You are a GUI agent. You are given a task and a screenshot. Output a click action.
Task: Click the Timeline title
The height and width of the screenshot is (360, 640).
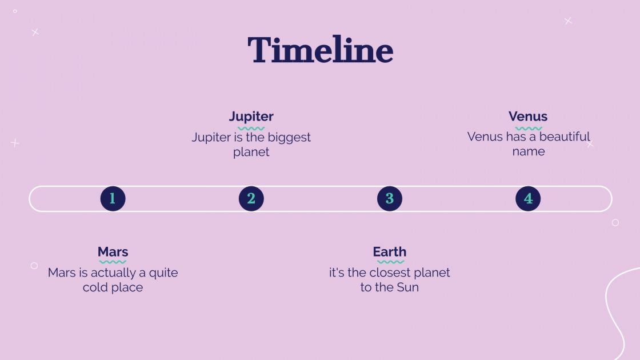pos(321,50)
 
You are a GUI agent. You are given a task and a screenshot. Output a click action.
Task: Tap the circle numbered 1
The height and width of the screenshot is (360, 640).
pos(113,199)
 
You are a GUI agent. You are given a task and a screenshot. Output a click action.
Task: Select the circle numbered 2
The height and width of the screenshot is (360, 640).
pos(251,199)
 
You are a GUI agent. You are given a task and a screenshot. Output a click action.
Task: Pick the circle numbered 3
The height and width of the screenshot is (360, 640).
pos(389,199)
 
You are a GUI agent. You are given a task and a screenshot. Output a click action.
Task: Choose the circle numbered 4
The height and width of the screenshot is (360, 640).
pos(528,199)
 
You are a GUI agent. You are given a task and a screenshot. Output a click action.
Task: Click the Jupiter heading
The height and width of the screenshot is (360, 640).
pos(251,117)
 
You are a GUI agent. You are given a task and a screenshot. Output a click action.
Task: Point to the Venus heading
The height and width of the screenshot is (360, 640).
pos(528,117)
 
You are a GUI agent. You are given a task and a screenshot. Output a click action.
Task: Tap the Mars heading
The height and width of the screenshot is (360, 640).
pos(113,252)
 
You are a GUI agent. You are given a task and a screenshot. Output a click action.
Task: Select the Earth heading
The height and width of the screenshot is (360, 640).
pos(389,252)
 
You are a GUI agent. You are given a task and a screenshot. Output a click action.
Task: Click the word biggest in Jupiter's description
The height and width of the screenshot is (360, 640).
pos(289,138)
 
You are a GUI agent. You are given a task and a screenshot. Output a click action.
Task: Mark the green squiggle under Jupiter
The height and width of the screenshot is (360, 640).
pos(251,128)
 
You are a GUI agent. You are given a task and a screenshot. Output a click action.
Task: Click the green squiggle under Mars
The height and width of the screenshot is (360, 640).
pos(113,262)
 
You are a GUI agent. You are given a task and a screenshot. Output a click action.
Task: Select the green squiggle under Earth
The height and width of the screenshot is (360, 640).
pos(391,262)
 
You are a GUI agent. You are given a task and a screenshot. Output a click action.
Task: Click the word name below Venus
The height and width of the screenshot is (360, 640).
pos(529,151)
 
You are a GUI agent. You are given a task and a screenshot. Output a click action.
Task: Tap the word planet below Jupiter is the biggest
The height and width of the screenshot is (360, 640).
pos(251,152)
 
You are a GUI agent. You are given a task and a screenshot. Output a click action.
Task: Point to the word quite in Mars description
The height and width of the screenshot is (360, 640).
pos(163,273)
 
